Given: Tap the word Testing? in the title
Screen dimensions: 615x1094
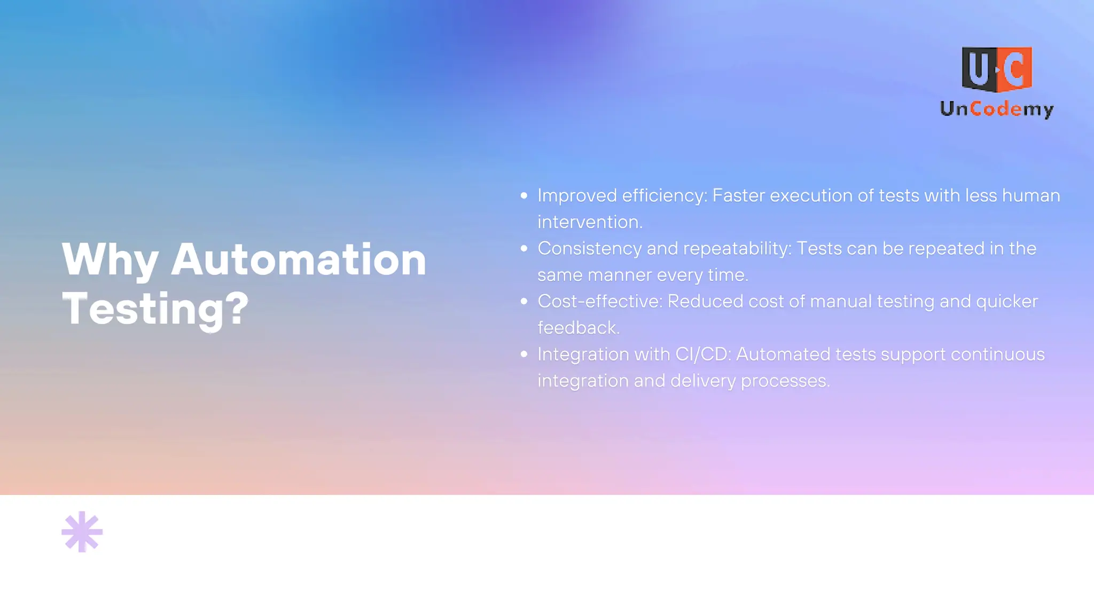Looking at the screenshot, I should pyautogui.click(x=155, y=309).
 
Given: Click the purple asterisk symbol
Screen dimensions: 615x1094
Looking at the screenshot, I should pyautogui.click(x=82, y=532).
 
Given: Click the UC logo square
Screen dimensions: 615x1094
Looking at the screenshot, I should pyautogui.click(x=997, y=69).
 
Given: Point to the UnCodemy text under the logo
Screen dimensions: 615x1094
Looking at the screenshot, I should pyautogui.click(x=997, y=109).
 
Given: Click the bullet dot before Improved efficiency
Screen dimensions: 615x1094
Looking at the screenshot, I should pyautogui.click(x=524, y=196).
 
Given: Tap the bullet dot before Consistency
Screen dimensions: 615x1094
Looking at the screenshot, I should pyautogui.click(x=524, y=249).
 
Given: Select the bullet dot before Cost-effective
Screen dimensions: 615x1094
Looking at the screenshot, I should pyautogui.click(x=524, y=302).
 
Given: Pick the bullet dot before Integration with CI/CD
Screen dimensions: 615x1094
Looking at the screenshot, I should pyautogui.click(x=524, y=354).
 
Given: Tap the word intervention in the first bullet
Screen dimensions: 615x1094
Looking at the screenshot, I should pyautogui.click(x=589, y=222).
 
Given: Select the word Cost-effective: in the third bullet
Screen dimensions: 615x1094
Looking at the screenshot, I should pyautogui.click(x=599, y=302).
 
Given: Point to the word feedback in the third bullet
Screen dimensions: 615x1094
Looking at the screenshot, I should pyautogui.click(x=578, y=328).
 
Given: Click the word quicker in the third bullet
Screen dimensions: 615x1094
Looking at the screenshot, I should pyautogui.click(x=1006, y=302).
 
